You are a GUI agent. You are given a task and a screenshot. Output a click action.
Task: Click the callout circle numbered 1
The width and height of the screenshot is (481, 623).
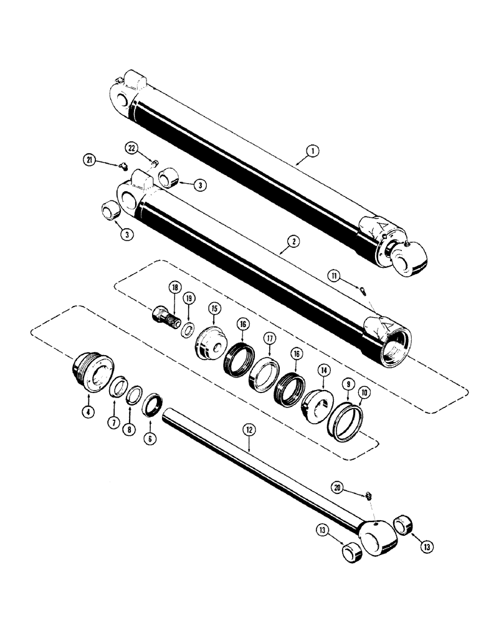[312, 150]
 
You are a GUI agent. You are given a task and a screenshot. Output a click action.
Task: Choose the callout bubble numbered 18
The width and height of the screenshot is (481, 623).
[174, 288]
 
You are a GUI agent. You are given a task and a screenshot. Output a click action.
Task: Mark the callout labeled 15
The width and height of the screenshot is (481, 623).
[214, 308]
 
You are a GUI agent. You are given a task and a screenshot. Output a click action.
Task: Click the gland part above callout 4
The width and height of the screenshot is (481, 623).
[92, 372]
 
